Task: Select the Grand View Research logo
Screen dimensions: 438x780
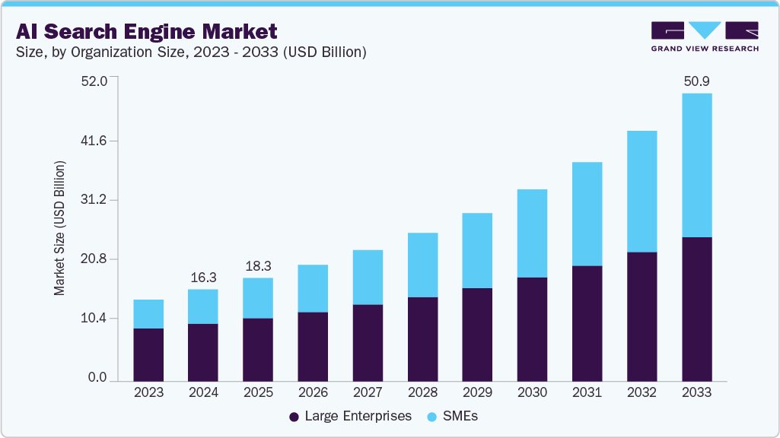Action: [x=705, y=36]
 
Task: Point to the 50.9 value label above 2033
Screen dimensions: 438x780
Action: [x=696, y=81]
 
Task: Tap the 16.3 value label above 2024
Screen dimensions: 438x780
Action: [x=203, y=278]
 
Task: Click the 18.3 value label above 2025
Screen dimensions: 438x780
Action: [x=258, y=266]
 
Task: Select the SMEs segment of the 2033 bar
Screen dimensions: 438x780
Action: [x=696, y=165]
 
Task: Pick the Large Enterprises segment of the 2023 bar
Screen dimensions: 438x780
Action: [x=148, y=354]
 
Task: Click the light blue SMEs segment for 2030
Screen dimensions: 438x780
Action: [x=532, y=233]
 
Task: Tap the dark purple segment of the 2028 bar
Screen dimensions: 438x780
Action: [x=422, y=338]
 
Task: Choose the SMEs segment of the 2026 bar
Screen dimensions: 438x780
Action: [x=313, y=288]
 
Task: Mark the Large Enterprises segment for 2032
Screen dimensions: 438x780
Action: [x=642, y=316]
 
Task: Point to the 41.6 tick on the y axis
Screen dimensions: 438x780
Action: [x=97, y=141]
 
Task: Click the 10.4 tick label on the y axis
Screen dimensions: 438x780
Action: [x=97, y=318]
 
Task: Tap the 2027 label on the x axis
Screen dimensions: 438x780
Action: [x=368, y=393]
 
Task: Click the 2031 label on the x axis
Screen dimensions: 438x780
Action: [x=587, y=393]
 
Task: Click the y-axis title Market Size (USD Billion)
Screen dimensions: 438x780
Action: [x=60, y=229]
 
